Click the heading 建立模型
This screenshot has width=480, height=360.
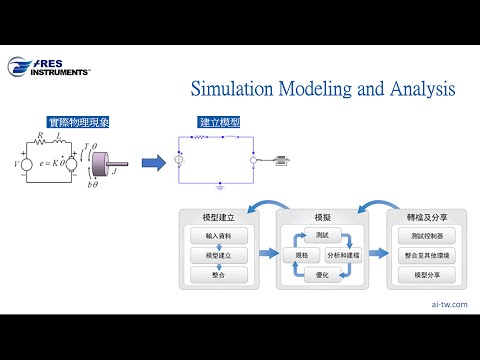(x=219, y=122)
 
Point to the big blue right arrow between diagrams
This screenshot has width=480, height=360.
(x=152, y=161)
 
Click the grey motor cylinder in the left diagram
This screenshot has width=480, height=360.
(x=114, y=161)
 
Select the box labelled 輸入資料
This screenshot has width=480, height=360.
(x=217, y=236)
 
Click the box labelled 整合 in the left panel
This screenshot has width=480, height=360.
(x=217, y=274)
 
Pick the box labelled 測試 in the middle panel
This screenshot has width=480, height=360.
(x=321, y=235)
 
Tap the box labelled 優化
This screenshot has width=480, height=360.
(x=321, y=275)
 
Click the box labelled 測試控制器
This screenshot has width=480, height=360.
(x=427, y=236)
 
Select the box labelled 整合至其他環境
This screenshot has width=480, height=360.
(x=427, y=255)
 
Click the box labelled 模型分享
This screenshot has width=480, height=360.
(x=427, y=274)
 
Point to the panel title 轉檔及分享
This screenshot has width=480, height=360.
(x=427, y=217)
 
